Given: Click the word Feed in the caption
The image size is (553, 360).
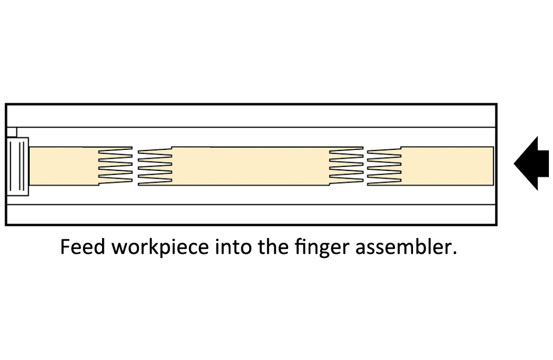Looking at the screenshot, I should (83, 247).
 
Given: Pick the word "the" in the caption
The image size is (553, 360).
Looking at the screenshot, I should (269, 247).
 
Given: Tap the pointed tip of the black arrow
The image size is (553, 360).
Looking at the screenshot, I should (515, 163).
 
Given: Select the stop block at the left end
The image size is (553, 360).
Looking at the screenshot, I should (17, 166).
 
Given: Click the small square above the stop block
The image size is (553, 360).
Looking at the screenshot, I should (12, 132).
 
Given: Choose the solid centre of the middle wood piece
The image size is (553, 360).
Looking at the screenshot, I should (251, 166).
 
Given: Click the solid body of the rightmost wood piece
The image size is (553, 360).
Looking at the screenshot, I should (447, 166).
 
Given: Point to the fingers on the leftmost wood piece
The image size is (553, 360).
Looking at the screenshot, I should (115, 166).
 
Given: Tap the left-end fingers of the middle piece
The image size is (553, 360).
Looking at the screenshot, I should (155, 166).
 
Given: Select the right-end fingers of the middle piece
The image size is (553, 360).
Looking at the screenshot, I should (346, 166).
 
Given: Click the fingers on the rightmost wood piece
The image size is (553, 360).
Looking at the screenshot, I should (384, 166).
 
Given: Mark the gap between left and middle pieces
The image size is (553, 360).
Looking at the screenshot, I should (135, 166).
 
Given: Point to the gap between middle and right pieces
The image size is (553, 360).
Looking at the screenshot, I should (365, 166).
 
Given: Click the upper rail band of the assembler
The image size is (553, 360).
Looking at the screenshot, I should (251, 116).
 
